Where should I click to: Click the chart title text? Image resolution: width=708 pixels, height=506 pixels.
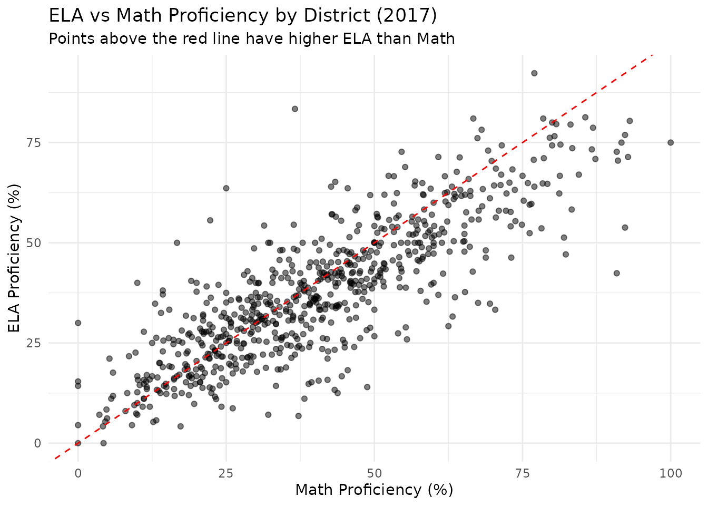pyautogui.click(x=242, y=16)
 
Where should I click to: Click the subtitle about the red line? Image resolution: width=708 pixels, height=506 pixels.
pyautogui.click(x=251, y=39)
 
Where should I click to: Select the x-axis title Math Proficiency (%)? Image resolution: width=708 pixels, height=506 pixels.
pyautogui.click(x=374, y=490)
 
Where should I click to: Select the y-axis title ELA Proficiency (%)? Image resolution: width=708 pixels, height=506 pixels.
pyautogui.click(x=15, y=258)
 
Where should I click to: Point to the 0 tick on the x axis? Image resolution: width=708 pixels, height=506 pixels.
pyautogui.click(x=78, y=473)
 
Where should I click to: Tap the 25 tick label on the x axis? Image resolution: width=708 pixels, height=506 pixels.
pyautogui.click(x=226, y=473)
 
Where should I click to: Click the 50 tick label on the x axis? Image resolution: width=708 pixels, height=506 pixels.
pyautogui.click(x=374, y=473)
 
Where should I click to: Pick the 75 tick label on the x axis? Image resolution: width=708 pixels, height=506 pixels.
pyautogui.click(x=522, y=473)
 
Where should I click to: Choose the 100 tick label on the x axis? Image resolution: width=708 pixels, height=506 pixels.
pyautogui.click(x=670, y=473)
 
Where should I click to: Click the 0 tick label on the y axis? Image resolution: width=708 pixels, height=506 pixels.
pyautogui.click(x=37, y=443)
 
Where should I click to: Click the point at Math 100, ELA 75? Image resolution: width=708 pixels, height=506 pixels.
pyautogui.click(x=671, y=142)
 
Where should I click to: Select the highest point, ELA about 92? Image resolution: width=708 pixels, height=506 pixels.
pyautogui.click(x=534, y=73)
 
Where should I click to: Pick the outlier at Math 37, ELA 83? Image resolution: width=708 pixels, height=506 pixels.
pyautogui.click(x=295, y=109)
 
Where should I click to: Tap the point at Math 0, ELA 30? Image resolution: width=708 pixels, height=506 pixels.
pyautogui.click(x=78, y=323)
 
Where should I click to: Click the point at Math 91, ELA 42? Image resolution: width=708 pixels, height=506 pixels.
pyautogui.click(x=617, y=273)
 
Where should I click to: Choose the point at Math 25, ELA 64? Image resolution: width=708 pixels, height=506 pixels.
pyautogui.click(x=226, y=188)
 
